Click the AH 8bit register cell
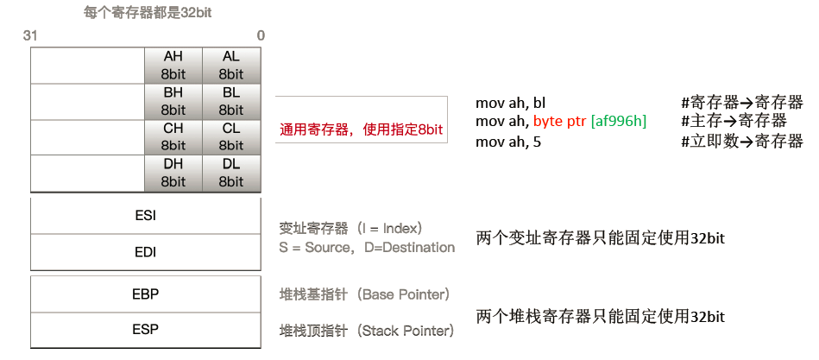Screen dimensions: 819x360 (173, 66)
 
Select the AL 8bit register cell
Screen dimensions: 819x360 (231, 66)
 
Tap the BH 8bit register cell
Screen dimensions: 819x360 (173, 101)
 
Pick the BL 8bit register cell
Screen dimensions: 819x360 (231, 101)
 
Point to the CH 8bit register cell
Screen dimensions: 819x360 (173, 136)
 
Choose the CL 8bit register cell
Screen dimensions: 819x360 (231, 136)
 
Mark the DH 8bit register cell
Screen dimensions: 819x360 (173, 173)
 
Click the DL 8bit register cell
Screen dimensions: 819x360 (231, 173)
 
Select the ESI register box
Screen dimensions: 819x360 (145, 216)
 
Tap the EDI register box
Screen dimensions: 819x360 (145, 252)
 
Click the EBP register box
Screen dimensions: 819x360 (145, 294)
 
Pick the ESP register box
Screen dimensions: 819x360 (145, 330)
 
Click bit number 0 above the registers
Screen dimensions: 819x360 (261, 35)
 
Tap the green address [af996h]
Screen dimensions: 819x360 (618, 122)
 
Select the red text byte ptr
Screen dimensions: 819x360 (559, 122)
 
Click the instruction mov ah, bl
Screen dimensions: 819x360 (511, 102)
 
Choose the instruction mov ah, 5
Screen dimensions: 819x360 (508, 142)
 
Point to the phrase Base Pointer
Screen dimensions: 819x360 (403, 295)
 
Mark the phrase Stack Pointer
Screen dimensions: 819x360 (405, 331)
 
